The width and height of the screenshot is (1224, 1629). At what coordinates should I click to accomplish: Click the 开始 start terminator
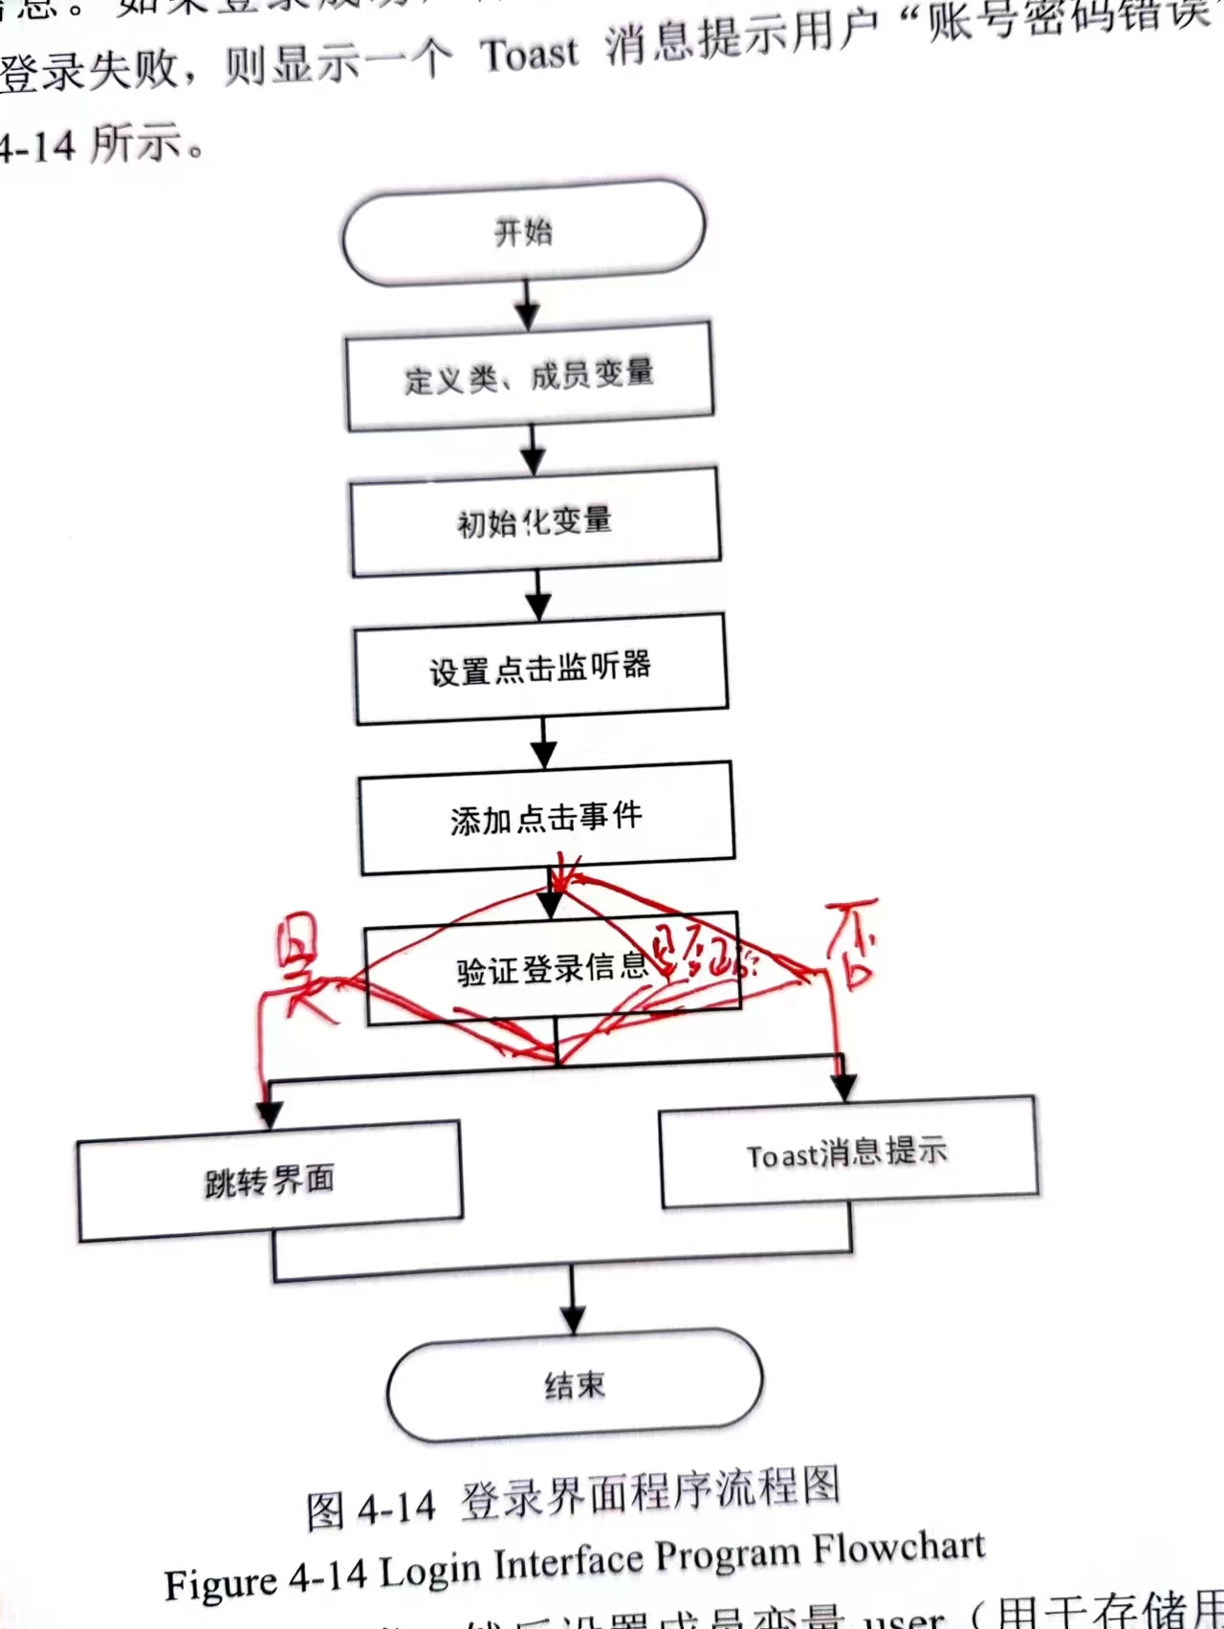tap(523, 232)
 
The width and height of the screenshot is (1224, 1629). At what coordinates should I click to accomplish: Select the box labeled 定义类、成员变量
tap(529, 376)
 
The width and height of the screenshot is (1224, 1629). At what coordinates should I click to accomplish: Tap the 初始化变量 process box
tap(535, 522)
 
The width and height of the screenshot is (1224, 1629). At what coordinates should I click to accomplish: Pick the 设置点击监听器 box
tap(540, 668)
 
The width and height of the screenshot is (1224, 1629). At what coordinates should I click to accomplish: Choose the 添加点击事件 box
tap(546, 818)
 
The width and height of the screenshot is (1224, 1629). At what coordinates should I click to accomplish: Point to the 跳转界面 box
tap(270, 1181)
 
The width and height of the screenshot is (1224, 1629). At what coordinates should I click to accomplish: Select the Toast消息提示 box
tap(848, 1152)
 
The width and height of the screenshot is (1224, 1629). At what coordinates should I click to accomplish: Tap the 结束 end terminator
tap(575, 1385)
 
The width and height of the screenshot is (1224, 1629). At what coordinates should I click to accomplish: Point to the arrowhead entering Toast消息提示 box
tap(843, 1088)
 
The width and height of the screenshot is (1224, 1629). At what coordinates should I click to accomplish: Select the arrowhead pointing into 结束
tap(573, 1320)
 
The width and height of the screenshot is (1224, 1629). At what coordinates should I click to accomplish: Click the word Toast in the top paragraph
tap(529, 55)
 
